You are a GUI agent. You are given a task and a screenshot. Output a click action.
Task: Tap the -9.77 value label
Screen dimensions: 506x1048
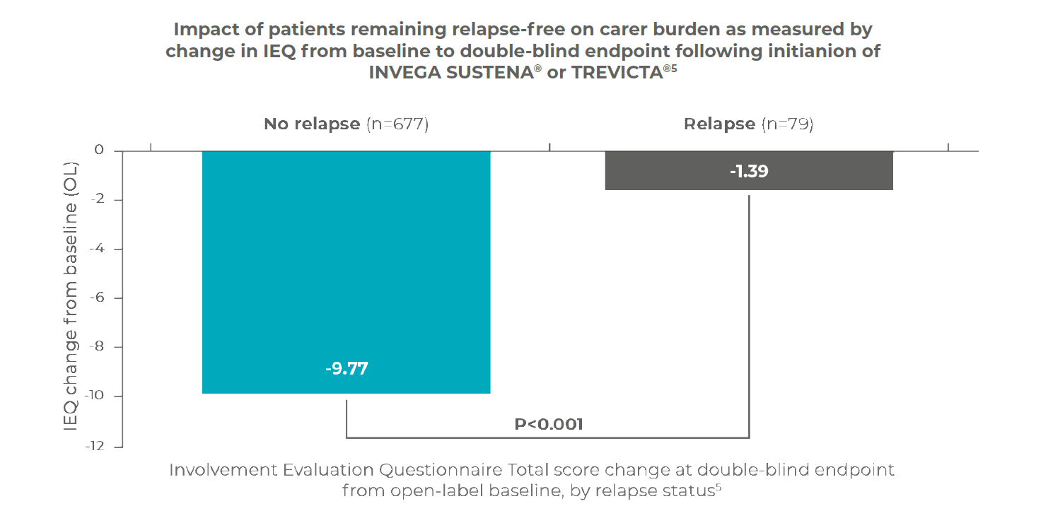347,369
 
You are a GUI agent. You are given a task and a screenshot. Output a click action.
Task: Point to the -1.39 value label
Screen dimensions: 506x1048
749,171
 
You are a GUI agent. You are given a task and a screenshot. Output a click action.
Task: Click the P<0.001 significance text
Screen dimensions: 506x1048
548,424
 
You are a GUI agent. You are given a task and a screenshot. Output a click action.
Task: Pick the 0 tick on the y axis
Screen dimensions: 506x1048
99,151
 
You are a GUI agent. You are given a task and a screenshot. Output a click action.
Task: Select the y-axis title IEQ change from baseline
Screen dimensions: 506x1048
71,297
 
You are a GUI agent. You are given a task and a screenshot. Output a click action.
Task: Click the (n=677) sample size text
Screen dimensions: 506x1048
397,124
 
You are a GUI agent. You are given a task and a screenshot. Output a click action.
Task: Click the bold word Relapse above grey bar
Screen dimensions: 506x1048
719,124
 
